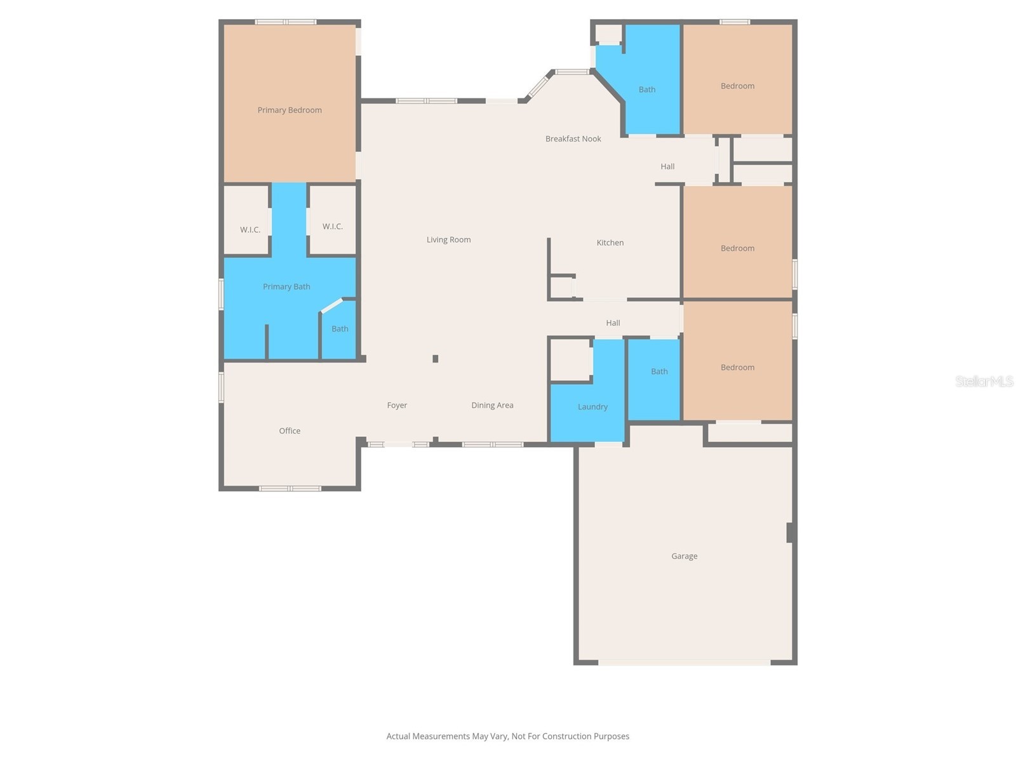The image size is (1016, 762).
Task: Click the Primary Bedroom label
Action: (290, 110)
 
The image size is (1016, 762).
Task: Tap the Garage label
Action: (684, 556)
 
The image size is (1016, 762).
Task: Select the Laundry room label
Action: (592, 407)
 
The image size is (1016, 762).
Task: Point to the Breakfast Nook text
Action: (573, 138)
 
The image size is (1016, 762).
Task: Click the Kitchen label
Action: (610, 243)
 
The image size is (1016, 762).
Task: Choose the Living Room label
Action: (448, 239)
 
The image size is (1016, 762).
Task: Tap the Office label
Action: (290, 431)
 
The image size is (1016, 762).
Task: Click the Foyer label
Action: (397, 405)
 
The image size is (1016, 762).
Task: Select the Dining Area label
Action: (492, 405)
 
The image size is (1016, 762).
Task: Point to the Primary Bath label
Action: (286, 286)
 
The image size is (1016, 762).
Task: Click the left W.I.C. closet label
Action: (250, 230)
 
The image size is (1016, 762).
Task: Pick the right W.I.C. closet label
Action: (332, 226)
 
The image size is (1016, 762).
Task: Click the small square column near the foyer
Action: (436, 359)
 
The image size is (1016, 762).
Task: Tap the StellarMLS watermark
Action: (984, 381)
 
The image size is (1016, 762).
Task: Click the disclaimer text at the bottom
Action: (507, 737)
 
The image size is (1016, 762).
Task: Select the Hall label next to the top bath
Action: (667, 166)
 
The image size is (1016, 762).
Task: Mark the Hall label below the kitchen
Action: (613, 323)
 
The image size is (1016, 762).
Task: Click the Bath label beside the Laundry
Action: (659, 371)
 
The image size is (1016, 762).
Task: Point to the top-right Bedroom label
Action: (737, 86)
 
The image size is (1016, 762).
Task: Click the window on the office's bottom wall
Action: (290, 488)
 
